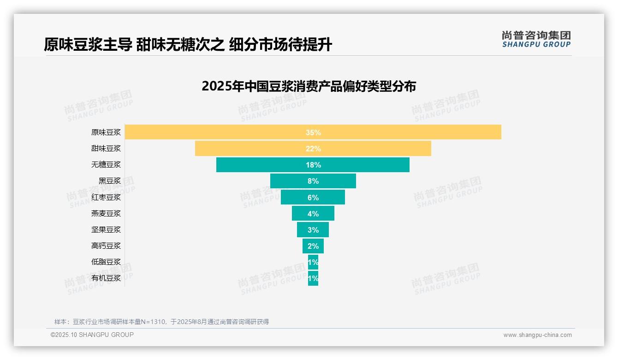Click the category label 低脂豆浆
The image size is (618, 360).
pyautogui.click(x=106, y=262)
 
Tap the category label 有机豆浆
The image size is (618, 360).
pyautogui.click(x=106, y=278)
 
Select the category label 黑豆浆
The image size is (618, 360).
pyautogui.click(x=110, y=181)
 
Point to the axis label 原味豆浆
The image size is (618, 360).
pyautogui.click(x=106, y=132)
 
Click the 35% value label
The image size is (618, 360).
pyautogui.click(x=313, y=132)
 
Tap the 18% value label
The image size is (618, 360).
pyautogui.click(x=313, y=165)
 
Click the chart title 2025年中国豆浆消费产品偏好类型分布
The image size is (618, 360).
pyautogui.click(x=309, y=86)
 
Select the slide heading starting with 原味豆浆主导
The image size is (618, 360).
pyautogui.click(x=188, y=44)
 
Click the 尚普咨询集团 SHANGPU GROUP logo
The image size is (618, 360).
pyautogui.click(x=536, y=39)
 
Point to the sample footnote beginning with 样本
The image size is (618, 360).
pyautogui.click(x=161, y=322)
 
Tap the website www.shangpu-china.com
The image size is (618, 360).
pyautogui.click(x=537, y=335)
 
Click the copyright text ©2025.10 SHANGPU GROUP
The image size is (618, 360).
pyautogui.click(x=92, y=335)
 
